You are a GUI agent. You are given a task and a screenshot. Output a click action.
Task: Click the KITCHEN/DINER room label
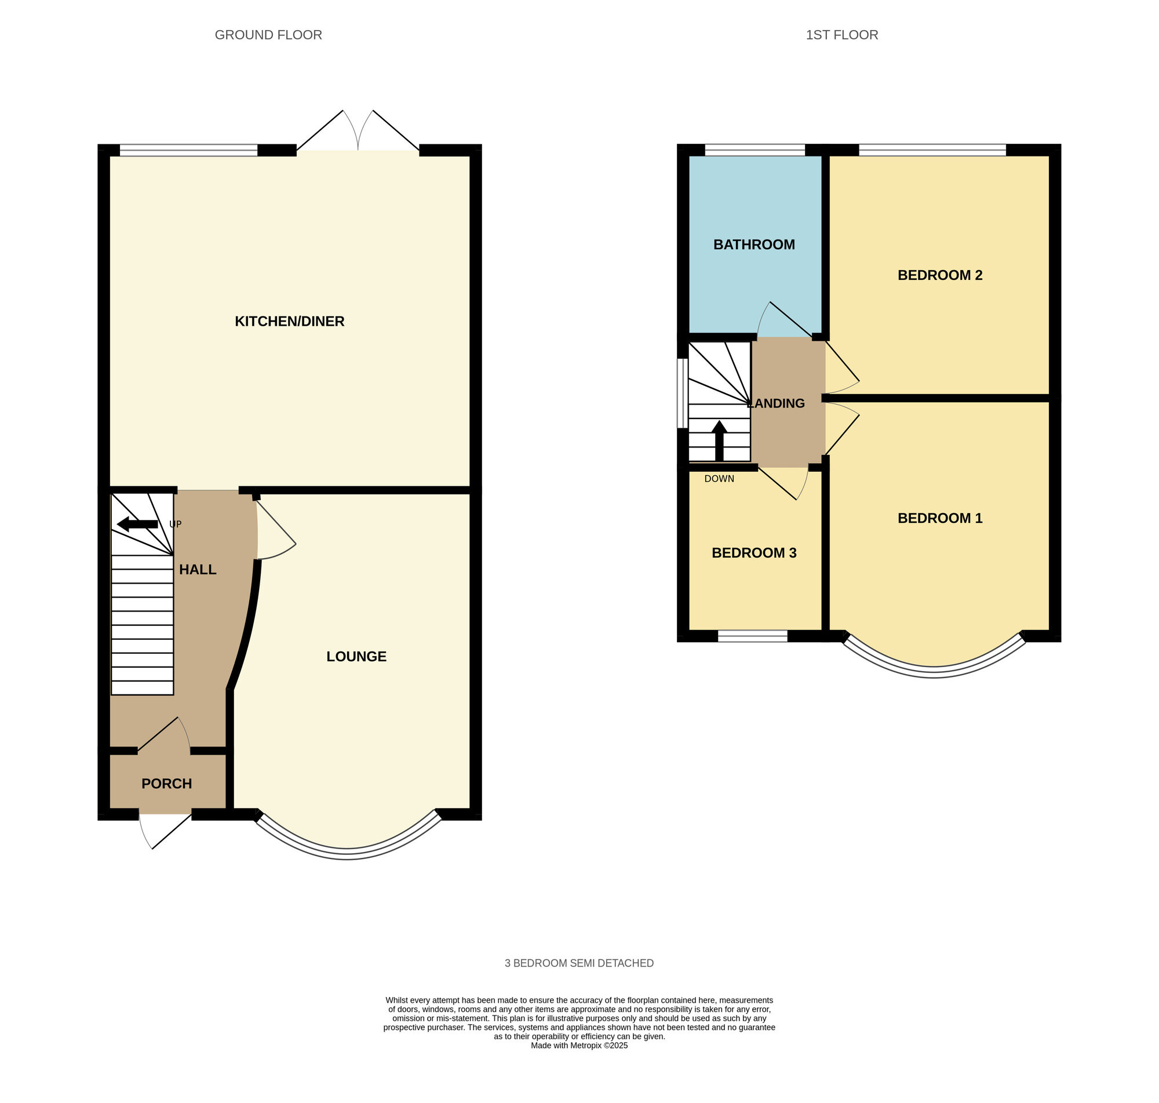[289, 321]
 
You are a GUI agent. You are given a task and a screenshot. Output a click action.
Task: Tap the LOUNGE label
[356, 656]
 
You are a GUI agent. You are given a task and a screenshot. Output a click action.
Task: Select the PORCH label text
[166, 783]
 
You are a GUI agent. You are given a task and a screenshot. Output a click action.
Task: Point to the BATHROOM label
[754, 245]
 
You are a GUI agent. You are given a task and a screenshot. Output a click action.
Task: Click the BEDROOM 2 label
[940, 275]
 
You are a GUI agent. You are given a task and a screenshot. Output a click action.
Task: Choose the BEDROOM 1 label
[940, 518]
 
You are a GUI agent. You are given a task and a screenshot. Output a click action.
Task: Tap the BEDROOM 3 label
[754, 553]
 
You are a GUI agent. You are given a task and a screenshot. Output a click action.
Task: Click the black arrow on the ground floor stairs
[137, 524]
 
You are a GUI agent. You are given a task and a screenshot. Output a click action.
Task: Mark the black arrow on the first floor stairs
[719, 441]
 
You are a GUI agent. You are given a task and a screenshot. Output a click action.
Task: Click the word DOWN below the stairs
[719, 479]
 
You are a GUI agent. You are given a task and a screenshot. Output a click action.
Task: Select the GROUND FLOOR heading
[268, 35]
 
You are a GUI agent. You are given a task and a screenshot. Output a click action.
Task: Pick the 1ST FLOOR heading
[841, 35]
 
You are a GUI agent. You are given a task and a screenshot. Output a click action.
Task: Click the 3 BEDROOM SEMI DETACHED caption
[579, 963]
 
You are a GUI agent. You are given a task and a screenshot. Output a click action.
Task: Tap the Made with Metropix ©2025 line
[579, 1046]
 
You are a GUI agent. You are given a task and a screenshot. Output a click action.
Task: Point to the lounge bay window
[347, 853]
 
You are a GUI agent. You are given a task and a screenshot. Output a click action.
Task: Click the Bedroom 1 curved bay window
[934, 671]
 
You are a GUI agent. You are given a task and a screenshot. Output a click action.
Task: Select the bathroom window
[755, 150]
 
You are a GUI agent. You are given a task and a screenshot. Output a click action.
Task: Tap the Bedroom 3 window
[752, 636]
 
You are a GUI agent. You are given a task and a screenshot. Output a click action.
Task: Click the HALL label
[198, 569]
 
